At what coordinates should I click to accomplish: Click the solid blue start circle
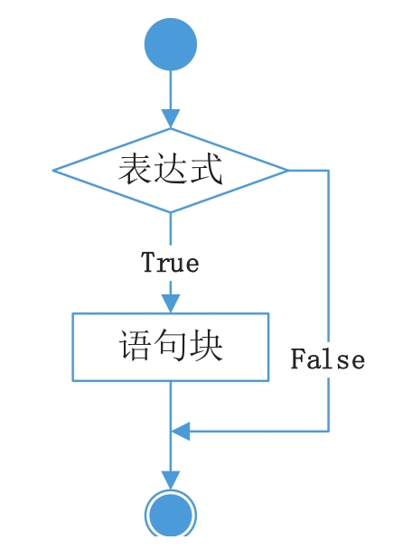[171, 44]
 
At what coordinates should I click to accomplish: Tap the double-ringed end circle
[171, 514]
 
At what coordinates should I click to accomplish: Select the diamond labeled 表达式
[171, 171]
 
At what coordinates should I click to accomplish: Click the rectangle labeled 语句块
[171, 347]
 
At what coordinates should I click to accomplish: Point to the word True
[170, 262]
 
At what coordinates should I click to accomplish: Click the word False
[328, 358]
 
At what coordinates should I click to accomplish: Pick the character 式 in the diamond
[206, 169]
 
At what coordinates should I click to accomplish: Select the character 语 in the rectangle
[136, 346]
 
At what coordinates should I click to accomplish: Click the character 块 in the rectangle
[206, 346]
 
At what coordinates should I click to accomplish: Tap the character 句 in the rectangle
[171, 346]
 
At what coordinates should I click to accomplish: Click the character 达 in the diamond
[171, 169]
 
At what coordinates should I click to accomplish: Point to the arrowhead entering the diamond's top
[171, 118]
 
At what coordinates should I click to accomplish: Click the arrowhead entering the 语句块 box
[171, 303]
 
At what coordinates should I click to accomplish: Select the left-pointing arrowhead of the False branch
[181, 431]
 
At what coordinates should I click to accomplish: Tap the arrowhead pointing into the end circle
[171, 480]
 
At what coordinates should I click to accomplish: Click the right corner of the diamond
[289, 171]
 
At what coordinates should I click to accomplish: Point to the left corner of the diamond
[53, 171]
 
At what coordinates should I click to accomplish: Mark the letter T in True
[148, 262]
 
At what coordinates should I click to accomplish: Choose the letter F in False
[298, 358]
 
